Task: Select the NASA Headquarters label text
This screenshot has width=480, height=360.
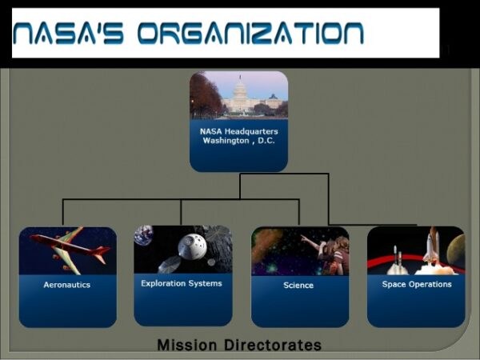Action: click(238, 130)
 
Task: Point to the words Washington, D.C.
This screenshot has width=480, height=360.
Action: click(238, 141)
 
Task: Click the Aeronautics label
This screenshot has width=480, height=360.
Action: click(67, 285)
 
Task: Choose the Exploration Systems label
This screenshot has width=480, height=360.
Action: click(182, 283)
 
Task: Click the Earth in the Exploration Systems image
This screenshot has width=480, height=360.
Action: click(143, 234)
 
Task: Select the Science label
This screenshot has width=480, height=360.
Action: click(298, 285)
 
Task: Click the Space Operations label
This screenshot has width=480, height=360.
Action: click(416, 284)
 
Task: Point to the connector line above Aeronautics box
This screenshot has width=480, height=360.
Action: click(62, 213)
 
